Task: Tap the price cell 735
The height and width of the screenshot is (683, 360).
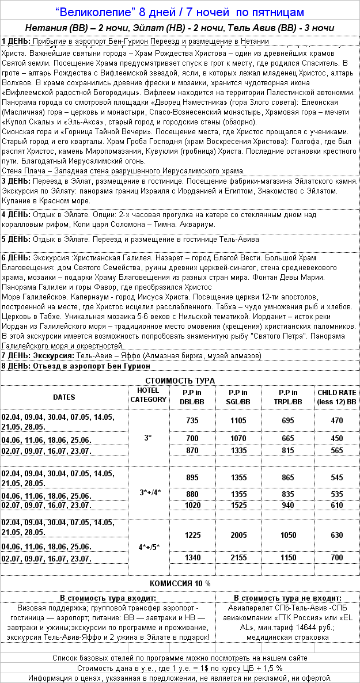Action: [x=192, y=421]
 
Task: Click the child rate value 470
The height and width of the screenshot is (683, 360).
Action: [x=337, y=421]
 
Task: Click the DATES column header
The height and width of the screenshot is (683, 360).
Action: [x=64, y=397]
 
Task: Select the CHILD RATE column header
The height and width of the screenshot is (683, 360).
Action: [x=337, y=397]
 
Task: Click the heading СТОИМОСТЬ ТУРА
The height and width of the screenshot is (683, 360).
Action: [x=180, y=381]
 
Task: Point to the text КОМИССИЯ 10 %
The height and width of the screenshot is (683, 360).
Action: [x=180, y=583]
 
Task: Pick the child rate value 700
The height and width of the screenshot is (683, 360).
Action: [x=337, y=557]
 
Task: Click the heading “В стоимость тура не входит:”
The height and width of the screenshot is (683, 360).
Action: [x=287, y=598]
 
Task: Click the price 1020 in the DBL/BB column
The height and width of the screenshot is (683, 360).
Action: [x=192, y=505]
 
